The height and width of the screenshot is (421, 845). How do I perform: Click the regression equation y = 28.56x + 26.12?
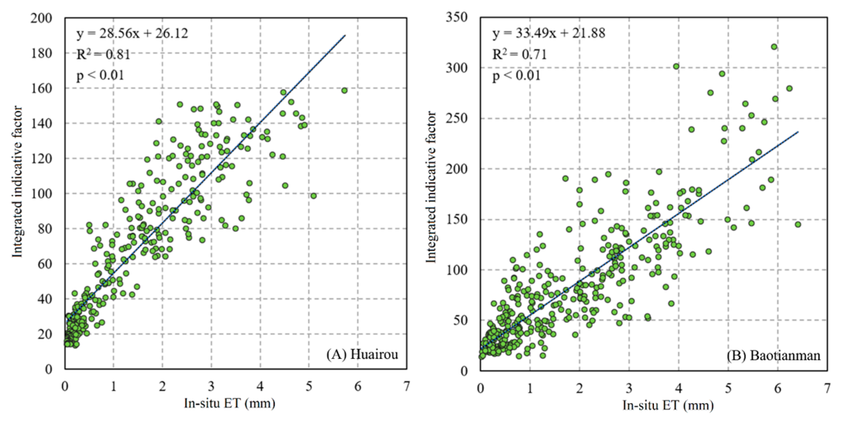coord(132,34)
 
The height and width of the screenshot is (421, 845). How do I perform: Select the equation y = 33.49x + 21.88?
coord(549,33)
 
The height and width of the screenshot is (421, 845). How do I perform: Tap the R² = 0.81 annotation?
coord(103,54)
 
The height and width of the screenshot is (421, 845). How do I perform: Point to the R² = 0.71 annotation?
coord(519,54)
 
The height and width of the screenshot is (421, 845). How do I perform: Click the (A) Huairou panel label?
coord(362,354)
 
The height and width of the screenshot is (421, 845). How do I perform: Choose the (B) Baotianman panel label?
coord(773,355)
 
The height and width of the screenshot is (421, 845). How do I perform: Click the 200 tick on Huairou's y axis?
coord(41,18)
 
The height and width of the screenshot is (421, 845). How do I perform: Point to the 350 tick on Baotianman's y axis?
coord(457,17)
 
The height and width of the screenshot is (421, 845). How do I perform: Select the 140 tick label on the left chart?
coord(41,124)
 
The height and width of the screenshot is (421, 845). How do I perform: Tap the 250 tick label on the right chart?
coord(457,118)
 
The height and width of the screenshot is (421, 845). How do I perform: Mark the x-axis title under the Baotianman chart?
coord(668,405)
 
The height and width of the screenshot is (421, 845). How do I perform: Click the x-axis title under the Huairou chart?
coord(229,403)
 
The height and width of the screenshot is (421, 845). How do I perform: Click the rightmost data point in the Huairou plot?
coord(344,91)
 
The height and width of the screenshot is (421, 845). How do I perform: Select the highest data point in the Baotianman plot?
coord(774,47)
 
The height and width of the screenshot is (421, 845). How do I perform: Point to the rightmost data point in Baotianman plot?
coord(798,224)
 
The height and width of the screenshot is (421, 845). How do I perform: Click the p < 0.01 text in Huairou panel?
coord(100,76)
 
